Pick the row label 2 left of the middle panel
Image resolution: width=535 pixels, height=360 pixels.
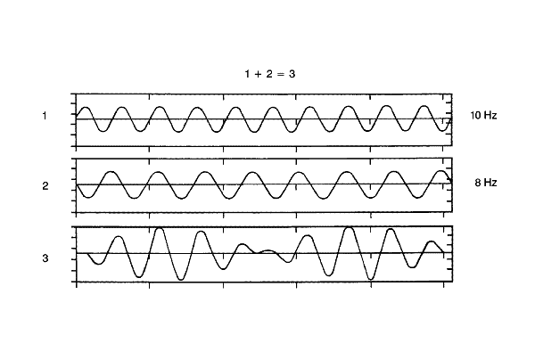point(45,186)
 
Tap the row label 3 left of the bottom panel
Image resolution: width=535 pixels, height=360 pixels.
point(45,259)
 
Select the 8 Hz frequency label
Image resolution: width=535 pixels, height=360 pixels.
point(485,183)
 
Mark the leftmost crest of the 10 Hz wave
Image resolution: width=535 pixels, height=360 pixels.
point(85,108)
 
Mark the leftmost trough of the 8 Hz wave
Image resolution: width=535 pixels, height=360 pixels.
point(86,198)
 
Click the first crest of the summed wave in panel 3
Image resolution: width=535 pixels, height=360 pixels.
point(119,237)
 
